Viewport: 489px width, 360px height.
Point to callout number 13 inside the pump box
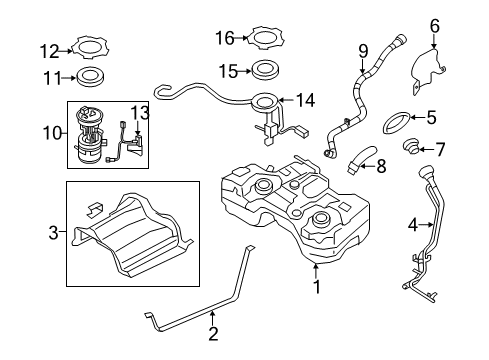[x=140, y=112]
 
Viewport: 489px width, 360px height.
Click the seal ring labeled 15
[x=266, y=72]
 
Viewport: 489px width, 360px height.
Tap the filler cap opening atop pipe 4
[x=429, y=179]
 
